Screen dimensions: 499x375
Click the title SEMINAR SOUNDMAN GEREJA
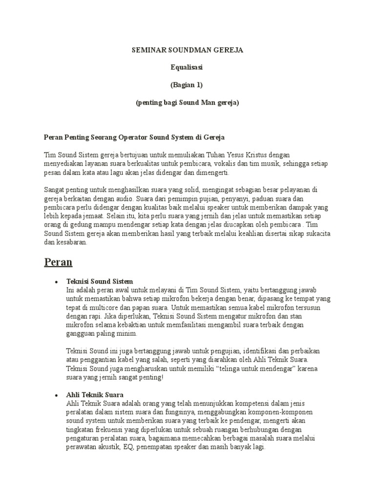tap(187, 50)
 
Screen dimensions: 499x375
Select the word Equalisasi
tap(187, 67)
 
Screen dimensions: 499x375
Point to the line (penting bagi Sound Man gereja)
tap(187, 102)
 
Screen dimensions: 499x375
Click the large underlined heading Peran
tap(58, 262)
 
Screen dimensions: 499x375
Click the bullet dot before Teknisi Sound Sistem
tap(57, 282)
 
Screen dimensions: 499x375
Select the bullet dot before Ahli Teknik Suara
tap(57, 394)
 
